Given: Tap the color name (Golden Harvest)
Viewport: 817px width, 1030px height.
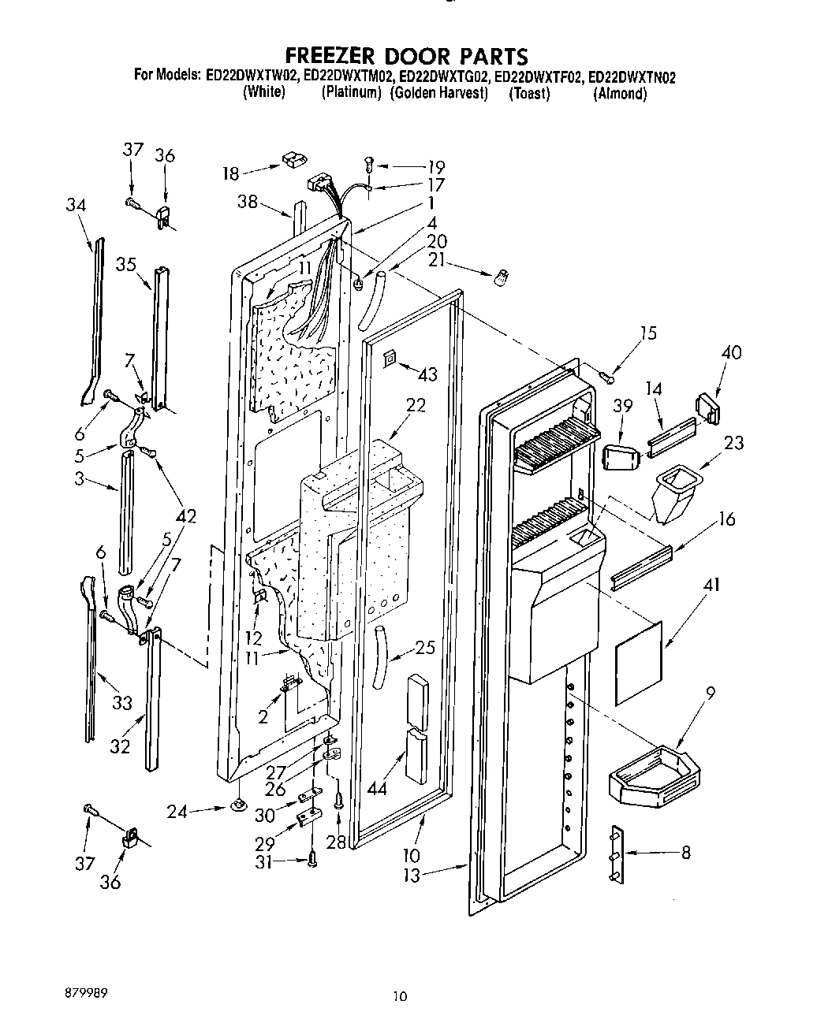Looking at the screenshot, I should (x=439, y=93).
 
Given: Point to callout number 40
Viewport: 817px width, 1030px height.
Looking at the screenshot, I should (x=731, y=352).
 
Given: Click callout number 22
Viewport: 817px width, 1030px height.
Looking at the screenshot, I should (x=415, y=405).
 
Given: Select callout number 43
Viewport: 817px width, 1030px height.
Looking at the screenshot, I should (x=427, y=375).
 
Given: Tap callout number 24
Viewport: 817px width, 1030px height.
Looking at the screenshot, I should (x=177, y=811).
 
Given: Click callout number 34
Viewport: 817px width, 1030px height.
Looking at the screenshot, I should (x=76, y=205).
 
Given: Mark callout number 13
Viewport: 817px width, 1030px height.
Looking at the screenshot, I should (x=411, y=875).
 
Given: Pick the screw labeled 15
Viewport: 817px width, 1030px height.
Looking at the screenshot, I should (x=606, y=377).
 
